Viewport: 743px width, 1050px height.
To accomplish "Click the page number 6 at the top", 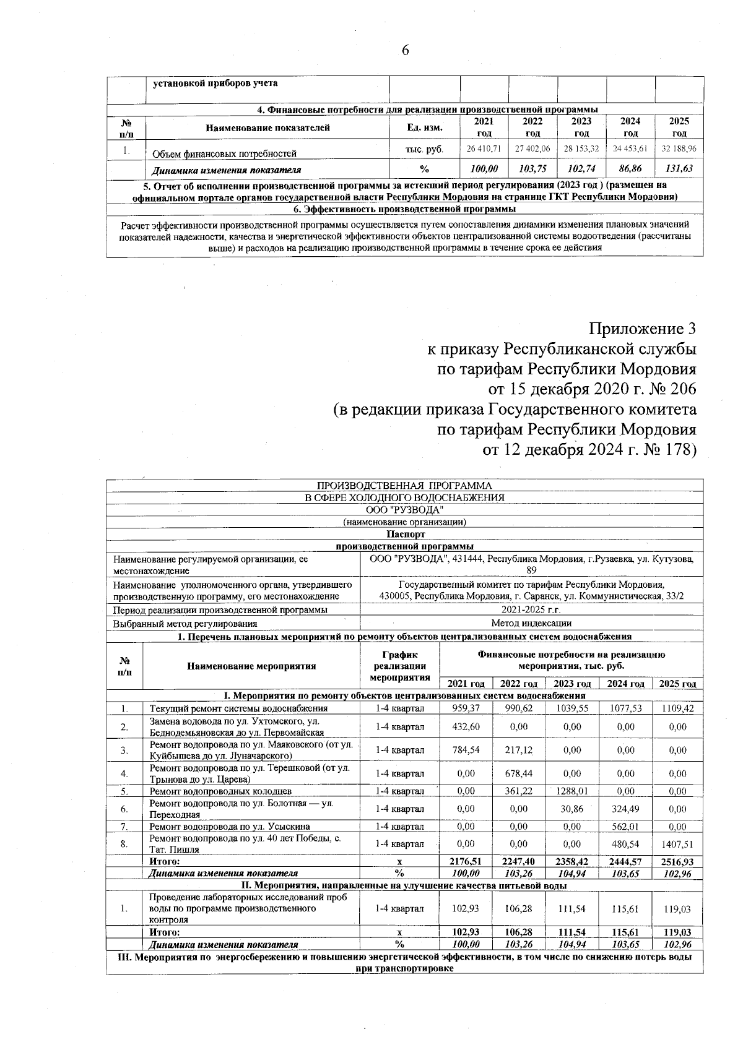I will tap(406, 50).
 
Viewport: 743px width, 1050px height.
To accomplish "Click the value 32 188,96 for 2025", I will tap(679, 149).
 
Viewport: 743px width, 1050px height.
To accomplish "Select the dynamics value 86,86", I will tap(630, 169).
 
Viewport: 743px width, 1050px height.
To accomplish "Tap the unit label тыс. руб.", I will tap(424, 149).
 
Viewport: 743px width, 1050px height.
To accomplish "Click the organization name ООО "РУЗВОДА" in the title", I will tap(405, 509).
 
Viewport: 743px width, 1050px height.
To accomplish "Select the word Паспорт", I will tap(405, 534).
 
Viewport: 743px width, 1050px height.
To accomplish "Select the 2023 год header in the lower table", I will tap(572, 684).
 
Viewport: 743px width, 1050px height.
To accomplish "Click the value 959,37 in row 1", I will tap(465, 708).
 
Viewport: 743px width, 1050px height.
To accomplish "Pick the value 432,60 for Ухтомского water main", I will tap(465, 727).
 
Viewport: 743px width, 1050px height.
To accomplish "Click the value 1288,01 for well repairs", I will tap(572, 791).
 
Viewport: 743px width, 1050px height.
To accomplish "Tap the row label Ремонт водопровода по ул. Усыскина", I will tap(230, 826).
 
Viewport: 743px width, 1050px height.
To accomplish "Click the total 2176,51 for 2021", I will tap(465, 861).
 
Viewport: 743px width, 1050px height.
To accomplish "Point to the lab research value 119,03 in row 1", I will tap(677, 909).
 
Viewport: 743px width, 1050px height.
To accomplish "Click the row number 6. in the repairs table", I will tap(124, 809).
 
